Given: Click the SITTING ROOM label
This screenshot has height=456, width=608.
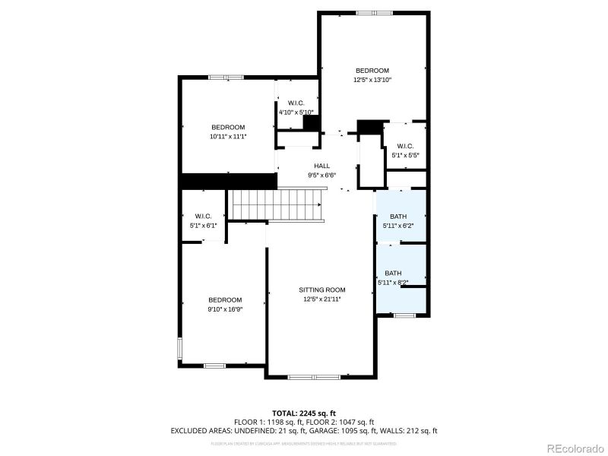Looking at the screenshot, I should tap(322, 290).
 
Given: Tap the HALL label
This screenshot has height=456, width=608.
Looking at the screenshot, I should tap(321, 166).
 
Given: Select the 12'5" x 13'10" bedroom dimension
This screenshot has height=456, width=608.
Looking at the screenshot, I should tap(372, 80).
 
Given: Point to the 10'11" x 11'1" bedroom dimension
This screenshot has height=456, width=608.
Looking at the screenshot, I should tap(228, 136).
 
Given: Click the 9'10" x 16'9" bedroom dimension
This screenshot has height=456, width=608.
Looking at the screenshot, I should tap(226, 309).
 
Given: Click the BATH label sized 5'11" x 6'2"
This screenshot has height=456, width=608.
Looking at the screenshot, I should tap(397, 217).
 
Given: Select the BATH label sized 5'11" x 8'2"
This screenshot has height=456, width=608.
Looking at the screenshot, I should tap(393, 273).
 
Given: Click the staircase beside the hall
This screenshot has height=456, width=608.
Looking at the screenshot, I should tap(277, 204).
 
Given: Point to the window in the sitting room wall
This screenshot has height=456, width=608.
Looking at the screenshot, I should tap(315, 376).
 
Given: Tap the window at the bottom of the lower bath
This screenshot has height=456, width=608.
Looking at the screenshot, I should tap(404, 315).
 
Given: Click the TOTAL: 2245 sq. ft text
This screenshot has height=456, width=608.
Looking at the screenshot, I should tap(304, 413).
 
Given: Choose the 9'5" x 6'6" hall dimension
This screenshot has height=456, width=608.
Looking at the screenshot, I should tap(321, 175).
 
